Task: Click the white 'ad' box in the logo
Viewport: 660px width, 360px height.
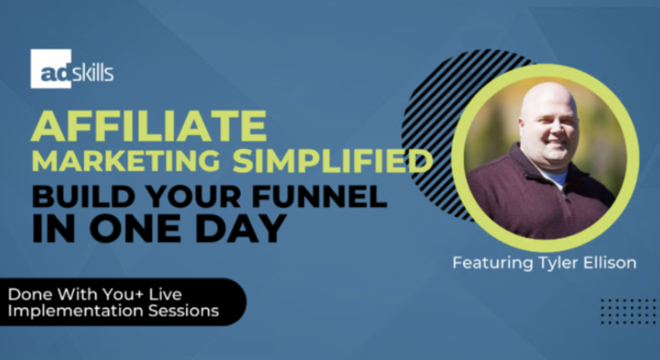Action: point(51,69)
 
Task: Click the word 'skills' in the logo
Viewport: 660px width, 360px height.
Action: point(93,73)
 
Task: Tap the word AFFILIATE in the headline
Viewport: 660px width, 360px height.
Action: point(149,127)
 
